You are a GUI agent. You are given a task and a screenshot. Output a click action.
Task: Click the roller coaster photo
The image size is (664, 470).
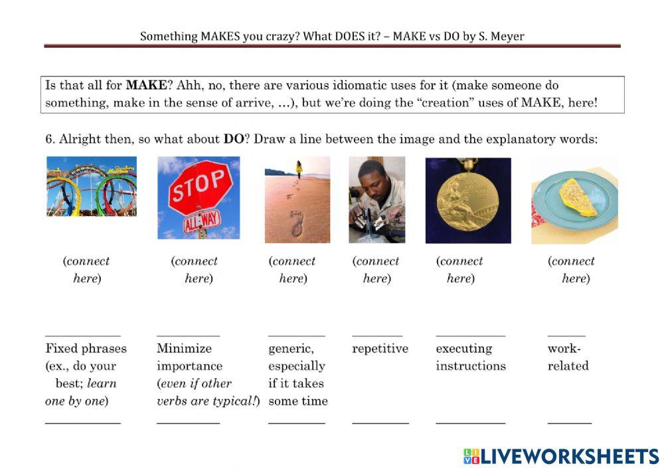tap(92, 186)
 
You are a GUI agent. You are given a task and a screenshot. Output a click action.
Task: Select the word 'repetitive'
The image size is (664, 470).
tap(380, 348)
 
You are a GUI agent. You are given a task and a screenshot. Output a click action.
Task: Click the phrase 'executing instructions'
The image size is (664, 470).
tap(470, 357)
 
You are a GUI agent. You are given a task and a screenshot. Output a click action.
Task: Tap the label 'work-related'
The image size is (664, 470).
tap(568, 357)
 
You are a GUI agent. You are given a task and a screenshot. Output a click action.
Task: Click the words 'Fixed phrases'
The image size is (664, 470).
tap(86, 348)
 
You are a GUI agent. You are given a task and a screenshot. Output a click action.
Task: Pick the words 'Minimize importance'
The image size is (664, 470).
tap(189, 357)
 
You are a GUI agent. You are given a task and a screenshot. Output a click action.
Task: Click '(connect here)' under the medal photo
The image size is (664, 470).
tap(459, 270)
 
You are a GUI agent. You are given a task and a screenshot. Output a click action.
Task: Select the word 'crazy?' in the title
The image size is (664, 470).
tap(282, 36)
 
